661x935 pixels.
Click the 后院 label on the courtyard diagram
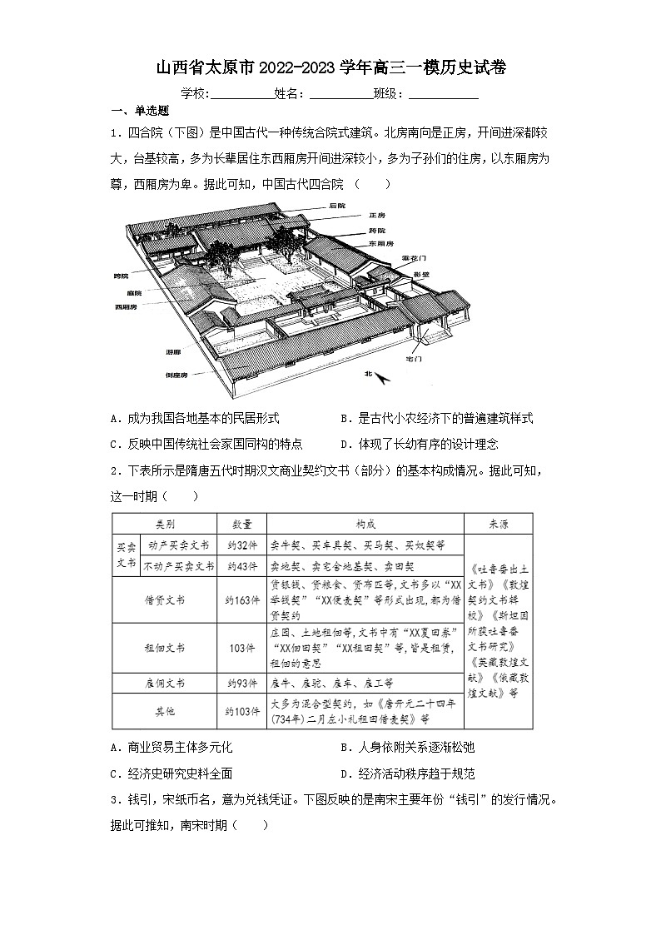pyautogui.click(x=336, y=206)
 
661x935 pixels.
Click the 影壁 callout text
pyautogui.click(x=420, y=274)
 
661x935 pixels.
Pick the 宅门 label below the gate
pyautogui.click(x=414, y=358)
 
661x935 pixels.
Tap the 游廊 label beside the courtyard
pyautogui.click(x=173, y=353)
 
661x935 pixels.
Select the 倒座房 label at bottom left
pyautogui.click(x=176, y=375)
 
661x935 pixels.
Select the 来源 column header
pyautogui.click(x=498, y=525)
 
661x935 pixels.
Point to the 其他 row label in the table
pyautogui.click(x=165, y=712)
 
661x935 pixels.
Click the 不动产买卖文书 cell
pyautogui.click(x=178, y=566)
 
